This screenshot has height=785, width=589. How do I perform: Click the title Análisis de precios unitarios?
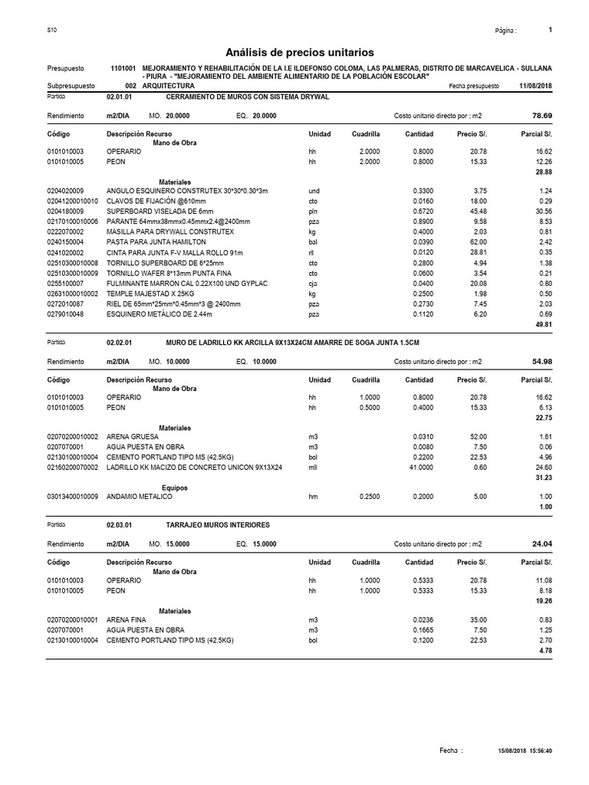pyautogui.click(x=300, y=52)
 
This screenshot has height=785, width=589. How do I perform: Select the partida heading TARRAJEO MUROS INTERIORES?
pyautogui.click(x=218, y=524)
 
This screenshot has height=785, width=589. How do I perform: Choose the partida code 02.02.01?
pyautogui.click(x=120, y=341)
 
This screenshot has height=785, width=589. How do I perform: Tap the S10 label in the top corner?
pyautogui.click(x=51, y=30)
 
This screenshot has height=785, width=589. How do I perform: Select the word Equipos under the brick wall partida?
pyautogui.click(x=175, y=487)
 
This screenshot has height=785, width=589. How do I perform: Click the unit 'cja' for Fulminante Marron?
pyautogui.click(x=312, y=282)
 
